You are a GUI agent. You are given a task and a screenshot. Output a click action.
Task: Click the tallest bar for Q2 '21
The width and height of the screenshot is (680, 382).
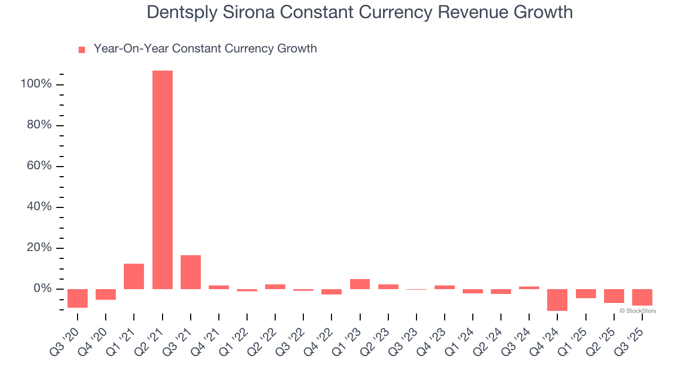click(x=162, y=180)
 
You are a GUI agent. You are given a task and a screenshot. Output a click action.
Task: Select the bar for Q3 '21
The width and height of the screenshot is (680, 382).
click(x=191, y=272)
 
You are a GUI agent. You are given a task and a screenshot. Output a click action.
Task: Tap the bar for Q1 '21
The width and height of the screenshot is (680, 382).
click(x=134, y=276)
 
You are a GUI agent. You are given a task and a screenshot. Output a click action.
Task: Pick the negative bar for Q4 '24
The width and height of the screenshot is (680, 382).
click(x=557, y=300)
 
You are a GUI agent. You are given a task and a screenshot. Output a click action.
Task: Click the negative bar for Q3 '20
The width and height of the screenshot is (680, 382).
click(x=78, y=298)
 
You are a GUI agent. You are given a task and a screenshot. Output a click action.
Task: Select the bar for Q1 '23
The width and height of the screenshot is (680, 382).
click(x=360, y=284)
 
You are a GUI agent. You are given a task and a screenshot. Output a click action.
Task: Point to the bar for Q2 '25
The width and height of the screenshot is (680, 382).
click(x=614, y=296)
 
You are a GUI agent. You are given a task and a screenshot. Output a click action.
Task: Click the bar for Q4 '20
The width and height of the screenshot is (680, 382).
click(x=106, y=294)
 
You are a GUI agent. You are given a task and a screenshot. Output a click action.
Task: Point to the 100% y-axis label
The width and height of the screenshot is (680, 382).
click(x=36, y=84)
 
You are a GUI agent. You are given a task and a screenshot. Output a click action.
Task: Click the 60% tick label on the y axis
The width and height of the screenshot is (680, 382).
click(x=39, y=166)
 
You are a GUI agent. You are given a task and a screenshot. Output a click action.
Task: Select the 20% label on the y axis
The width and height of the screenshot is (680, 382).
click(x=39, y=248)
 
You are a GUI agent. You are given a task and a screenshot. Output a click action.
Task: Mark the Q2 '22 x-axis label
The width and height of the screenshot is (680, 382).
click(x=268, y=340)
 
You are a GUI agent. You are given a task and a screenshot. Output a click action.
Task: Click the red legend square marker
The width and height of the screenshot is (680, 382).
click(x=82, y=50)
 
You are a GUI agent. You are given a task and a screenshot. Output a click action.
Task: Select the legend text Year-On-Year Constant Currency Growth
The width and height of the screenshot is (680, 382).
click(x=205, y=49)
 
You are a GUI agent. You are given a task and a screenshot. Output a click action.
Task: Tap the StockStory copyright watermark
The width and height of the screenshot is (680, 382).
click(x=637, y=311)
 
